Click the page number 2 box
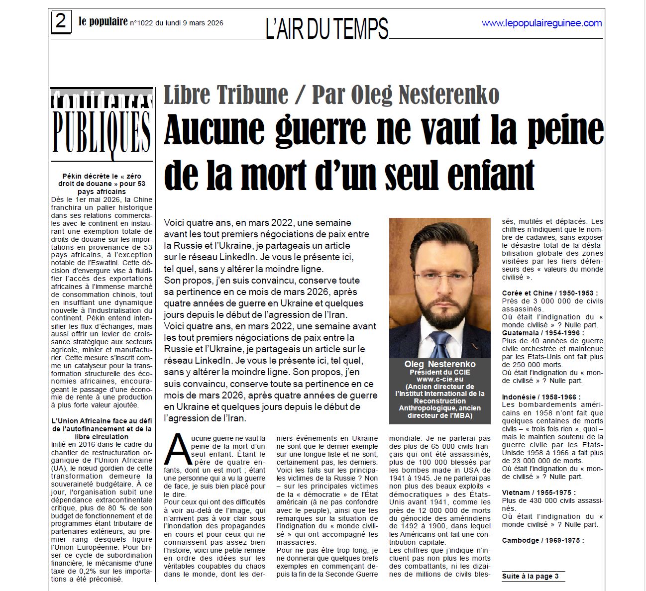pos(61,22)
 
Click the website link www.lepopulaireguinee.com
pos(541,23)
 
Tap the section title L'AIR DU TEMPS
pos(326,28)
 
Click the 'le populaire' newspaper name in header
pos(103,22)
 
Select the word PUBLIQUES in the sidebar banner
pos(102,132)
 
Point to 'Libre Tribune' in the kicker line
pos(226,95)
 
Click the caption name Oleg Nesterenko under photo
pos(440,364)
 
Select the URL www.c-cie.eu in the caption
pos(440,379)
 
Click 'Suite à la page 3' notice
pos(530,576)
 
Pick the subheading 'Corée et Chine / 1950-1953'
pos(549,293)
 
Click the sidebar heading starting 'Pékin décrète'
pos(102,184)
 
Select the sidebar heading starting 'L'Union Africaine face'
pos(102,428)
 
